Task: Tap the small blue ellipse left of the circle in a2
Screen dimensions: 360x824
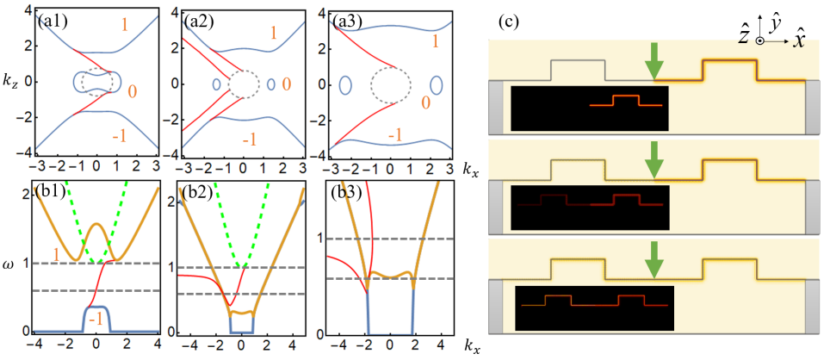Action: click(214, 84)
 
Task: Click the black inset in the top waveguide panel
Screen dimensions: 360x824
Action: click(590, 109)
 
